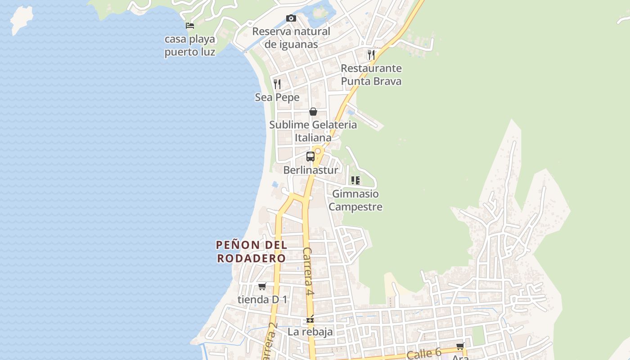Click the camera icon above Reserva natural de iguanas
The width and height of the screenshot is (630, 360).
point(291,18)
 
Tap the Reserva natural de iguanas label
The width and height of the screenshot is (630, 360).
point(291,38)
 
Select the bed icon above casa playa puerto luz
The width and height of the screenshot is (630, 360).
point(190,26)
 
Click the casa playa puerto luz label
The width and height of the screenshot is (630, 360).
point(189,45)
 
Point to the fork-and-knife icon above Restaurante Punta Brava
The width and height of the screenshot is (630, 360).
point(371,55)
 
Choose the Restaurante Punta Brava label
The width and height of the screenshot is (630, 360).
point(371,75)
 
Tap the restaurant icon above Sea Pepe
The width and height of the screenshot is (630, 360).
point(277,84)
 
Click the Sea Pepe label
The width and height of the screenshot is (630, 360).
point(277,97)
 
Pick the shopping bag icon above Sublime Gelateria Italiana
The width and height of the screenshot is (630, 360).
point(313,112)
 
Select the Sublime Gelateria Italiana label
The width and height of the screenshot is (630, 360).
point(313,131)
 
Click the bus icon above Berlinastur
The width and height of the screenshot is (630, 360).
point(310,157)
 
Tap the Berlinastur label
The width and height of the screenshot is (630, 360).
point(310,170)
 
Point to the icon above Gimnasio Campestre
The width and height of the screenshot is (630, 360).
point(355,180)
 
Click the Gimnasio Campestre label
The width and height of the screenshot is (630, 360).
point(355,200)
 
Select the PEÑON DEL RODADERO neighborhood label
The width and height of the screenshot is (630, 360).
point(251,252)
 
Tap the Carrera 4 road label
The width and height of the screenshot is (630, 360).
point(308,271)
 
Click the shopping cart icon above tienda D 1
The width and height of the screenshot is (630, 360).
point(262,286)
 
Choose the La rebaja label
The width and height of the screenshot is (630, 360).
point(310,332)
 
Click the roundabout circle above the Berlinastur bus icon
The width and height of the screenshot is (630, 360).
point(318,151)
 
